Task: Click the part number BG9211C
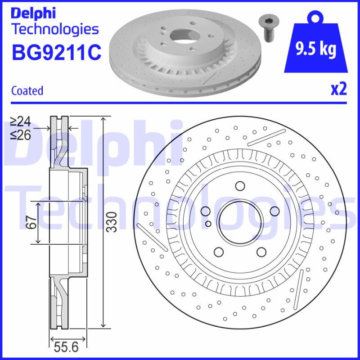click(x=56, y=52)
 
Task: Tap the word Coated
click(x=27, y=90)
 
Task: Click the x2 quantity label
click(x=338, y=90)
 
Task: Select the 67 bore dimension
click(x=31, y=222)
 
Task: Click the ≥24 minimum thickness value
click(x=21, y=121)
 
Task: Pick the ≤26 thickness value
click(x=21, y=134)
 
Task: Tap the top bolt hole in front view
click(x=239, y=186)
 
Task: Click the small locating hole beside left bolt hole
click(x=207, y=223)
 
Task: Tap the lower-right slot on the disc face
click(x=299, y=286)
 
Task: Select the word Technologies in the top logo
click(x=54, y=29)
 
